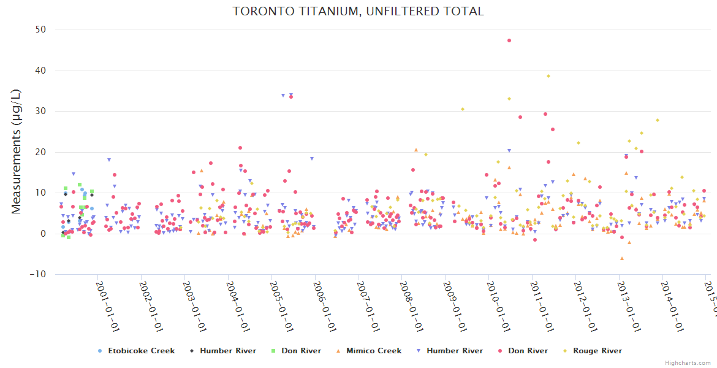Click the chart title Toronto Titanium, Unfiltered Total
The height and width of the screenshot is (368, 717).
coord(358,11)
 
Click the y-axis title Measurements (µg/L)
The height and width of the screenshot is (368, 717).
coord(17,151)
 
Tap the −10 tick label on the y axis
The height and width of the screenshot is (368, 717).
coord(37,274)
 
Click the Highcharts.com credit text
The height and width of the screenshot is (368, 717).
coord(688,362)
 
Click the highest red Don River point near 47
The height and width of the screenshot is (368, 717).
coord(509,40)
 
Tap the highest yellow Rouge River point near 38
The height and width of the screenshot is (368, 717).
coord(548,76)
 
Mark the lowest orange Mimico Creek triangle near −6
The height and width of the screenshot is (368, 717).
coord(621,258)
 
